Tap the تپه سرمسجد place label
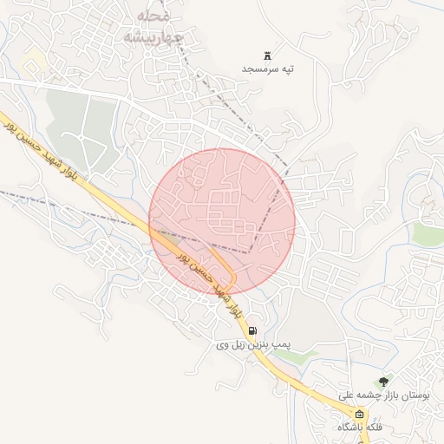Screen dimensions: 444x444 pos(268,68)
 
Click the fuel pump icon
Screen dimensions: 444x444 pos(251,330)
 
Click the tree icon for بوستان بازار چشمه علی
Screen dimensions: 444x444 pos(383,381)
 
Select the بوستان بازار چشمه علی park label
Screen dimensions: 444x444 pos(387,395)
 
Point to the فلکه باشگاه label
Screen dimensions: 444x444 pos(361,428)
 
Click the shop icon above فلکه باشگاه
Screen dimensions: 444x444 pos(360,414)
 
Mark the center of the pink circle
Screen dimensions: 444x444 pos(222,220)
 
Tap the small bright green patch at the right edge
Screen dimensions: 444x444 pos(428,233)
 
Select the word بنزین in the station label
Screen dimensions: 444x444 pos(260,345)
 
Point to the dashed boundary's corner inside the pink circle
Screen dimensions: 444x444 pos(251,251)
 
